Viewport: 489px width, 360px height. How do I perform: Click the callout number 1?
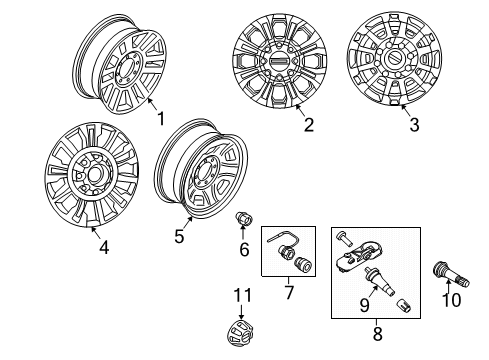pos(160,119)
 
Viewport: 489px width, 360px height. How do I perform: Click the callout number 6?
pos(244,249)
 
